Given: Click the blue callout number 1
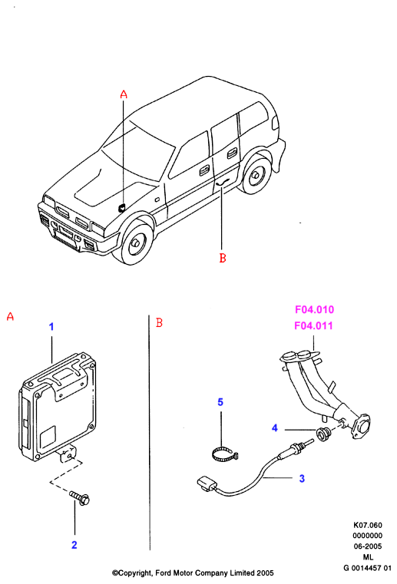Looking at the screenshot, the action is pyautogui.click(x=51, y=327).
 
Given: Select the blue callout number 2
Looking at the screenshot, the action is pyautogui.click(x=74, y=545).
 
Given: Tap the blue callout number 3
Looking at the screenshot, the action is pyautogui.click(x=302, y=479).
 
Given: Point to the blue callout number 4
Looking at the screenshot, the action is pyautogui.click(x=275, y=428).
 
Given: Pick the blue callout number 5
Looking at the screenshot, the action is pyautogui.click(x=220, y=402).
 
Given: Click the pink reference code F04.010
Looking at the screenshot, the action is pyautogui.click(x=314, y=309).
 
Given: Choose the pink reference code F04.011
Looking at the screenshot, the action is pyautogui.click(x=313, y=325).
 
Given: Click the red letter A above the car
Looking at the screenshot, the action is pyautogui.click(x=124, y=94).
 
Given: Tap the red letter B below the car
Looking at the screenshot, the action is pyautogui.click(x=223, y=258).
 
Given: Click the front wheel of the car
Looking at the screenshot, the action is pyautogui.click(x=135, y=242).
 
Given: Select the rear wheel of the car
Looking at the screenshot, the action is pyautogui.click(x=256, y=175).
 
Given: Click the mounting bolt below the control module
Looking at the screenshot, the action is pyautogui.click(x=80, y=498).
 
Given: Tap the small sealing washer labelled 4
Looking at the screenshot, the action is pyautogui.click(x=322, y=434).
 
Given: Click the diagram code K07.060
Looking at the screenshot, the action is pyautogui.click(x=368, y=525).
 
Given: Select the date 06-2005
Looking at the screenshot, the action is pyautogui.click(x=368, y=546).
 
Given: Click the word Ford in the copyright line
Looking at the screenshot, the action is pyautogui.click(x=164, y=572).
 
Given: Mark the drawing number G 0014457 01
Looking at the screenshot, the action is pyautogui.click(x=367, y=568).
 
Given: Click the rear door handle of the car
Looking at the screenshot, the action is pyautogui.click(x=232, y=152).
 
